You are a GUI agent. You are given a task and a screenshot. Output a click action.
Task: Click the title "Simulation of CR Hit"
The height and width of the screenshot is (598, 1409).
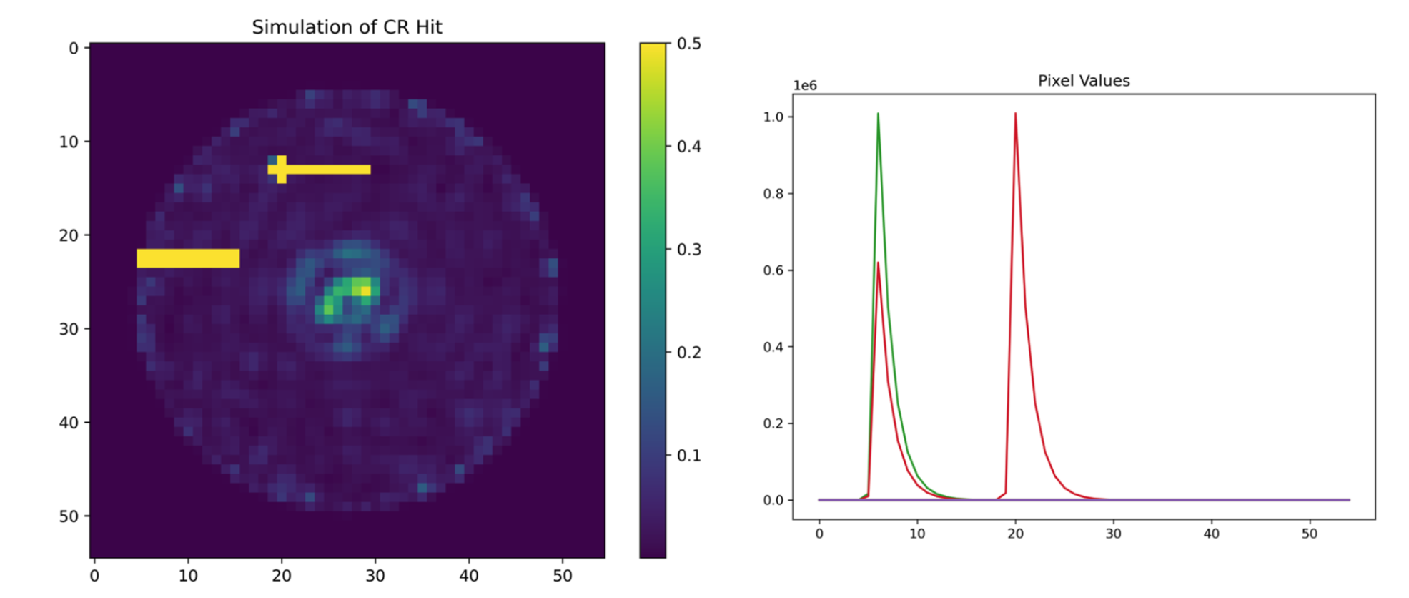(347, 27)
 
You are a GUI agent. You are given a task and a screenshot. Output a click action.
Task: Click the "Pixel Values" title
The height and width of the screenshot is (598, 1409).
(1083, 81)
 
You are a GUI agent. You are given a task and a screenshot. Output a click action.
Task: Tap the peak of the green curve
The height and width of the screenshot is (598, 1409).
(878, 114)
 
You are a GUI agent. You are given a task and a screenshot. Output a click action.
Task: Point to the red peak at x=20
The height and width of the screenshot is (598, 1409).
(1015, 114)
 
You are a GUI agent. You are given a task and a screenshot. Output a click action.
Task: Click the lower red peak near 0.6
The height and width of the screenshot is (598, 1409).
(878, 263)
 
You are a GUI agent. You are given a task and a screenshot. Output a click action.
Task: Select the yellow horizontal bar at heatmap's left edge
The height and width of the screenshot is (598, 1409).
(188, 258)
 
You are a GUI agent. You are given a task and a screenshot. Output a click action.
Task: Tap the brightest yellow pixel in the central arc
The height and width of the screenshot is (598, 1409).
(365, 291)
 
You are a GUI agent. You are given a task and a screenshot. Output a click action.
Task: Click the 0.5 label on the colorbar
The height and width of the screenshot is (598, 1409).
(688, 44)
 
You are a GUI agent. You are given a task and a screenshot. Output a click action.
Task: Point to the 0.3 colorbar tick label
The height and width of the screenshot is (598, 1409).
(688, 250)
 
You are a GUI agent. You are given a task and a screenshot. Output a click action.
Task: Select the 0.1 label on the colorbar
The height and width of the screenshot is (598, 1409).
(688, 456)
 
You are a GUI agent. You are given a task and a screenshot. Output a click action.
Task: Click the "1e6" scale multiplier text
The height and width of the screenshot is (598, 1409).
(805, 86)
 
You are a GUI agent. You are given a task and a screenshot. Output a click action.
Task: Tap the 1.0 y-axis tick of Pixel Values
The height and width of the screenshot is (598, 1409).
(773, 117)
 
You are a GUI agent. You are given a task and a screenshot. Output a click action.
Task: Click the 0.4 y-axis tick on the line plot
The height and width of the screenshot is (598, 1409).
(773, 347)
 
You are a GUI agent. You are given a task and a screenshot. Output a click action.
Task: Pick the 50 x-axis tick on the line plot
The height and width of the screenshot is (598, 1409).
(1309, 534)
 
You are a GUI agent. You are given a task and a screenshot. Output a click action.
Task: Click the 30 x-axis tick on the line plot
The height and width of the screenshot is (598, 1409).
(1113, 534)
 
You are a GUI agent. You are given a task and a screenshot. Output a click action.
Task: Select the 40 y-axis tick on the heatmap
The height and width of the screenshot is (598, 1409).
(69, 423)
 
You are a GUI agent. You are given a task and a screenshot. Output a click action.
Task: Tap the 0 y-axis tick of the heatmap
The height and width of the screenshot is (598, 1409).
(74, 49)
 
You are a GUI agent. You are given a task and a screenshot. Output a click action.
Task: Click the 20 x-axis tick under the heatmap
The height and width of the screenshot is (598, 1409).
(282, 576)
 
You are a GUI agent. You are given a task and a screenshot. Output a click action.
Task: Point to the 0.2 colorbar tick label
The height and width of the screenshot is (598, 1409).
(688, 353)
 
